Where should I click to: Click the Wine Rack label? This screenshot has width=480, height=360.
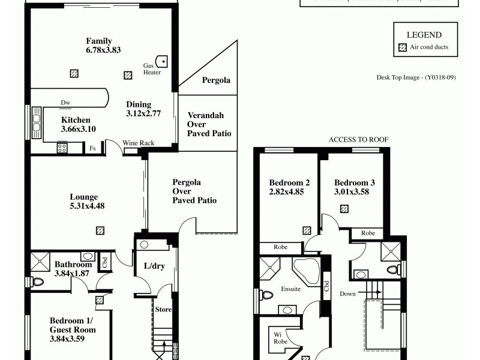click(x=139, y=143)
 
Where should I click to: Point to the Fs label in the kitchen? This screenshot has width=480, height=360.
click(x=92, y=148)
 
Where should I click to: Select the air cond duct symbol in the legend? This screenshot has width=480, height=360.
click(x=403, y=47)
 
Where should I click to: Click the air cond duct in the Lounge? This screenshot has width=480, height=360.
click(x=100, y=230)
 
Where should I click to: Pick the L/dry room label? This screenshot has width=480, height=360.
click(x=154, y=266)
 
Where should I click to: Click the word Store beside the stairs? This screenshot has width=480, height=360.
click(x=164, y=310)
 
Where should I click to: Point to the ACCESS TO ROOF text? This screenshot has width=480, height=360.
click(x=359, y=139)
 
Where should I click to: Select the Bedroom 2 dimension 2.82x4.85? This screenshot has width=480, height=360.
click(x=289, y=192)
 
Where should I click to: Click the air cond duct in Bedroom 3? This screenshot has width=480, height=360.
click(x=344, y=209)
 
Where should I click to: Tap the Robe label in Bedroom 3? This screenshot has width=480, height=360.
click(x=368, y=233)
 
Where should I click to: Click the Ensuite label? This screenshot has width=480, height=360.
click(x=290, y=289)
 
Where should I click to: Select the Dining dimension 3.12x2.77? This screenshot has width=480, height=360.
click(x=143, y=113)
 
